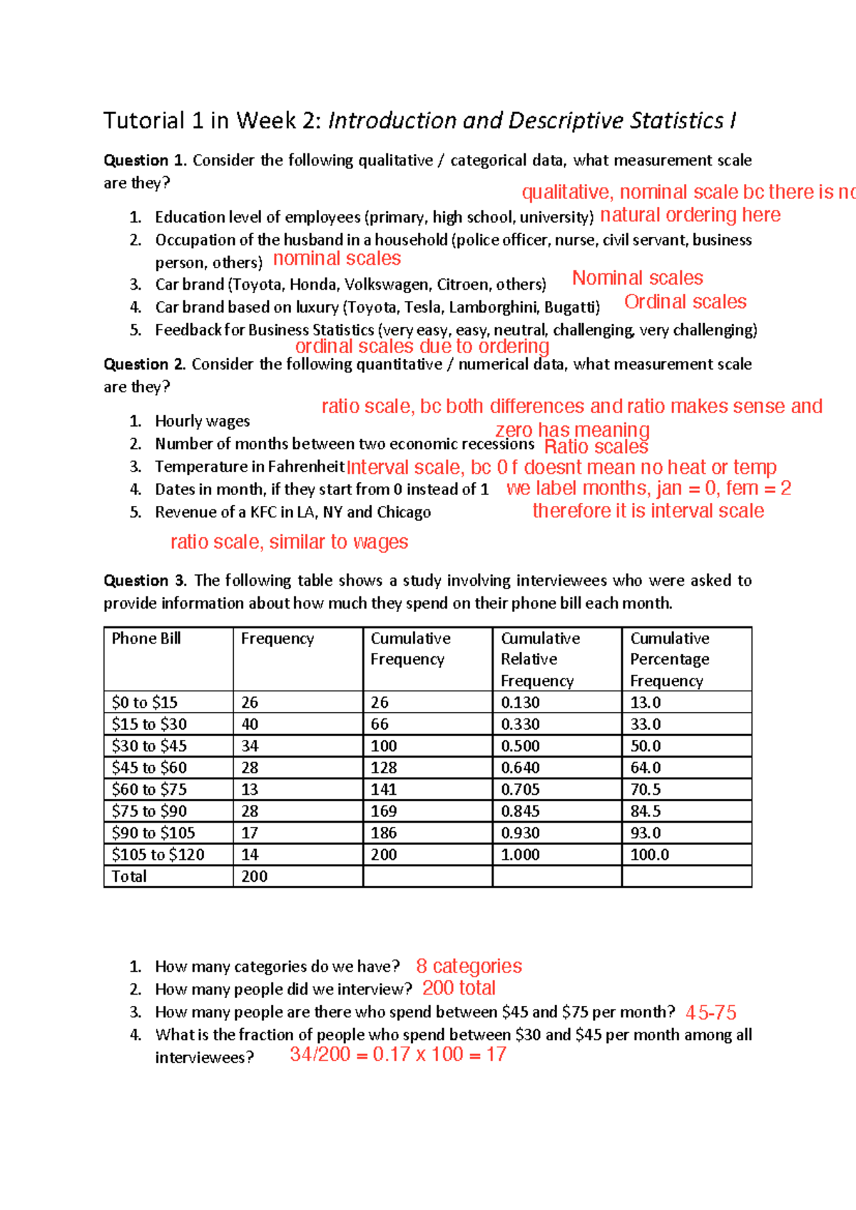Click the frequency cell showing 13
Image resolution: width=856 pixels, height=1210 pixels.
250,789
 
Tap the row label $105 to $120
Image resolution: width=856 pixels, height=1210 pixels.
158,855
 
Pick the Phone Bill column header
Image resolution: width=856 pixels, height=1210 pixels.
146,639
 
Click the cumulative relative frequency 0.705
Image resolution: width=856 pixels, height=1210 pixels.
520,789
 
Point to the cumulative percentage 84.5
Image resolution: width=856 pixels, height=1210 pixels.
646,811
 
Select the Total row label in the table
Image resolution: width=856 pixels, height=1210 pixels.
129,876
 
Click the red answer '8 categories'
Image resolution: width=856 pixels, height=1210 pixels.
469,966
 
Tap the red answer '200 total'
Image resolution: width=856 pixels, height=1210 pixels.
459,988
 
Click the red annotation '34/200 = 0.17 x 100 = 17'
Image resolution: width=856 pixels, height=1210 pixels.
398,1054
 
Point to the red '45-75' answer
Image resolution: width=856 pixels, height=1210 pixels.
710,1012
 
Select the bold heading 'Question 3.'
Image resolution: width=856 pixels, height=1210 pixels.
146,581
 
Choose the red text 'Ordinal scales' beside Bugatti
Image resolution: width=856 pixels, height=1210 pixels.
686,302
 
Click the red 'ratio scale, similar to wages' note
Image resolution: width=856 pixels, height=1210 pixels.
289,542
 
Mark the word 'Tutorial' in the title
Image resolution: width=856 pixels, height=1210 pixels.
144,121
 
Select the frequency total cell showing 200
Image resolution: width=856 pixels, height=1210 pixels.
254,876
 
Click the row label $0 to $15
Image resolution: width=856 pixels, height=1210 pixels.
144,703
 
